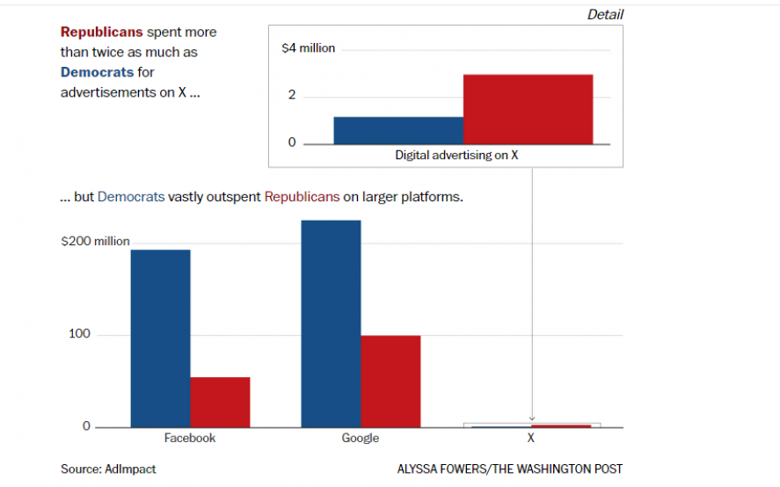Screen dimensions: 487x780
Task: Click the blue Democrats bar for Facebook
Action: [160, 338]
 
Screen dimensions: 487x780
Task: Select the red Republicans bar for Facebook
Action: [220, 402]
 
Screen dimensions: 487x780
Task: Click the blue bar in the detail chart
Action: [398, 130]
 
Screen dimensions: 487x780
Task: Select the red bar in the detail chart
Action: [528, 109]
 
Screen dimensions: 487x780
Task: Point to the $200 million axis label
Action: [95, 242]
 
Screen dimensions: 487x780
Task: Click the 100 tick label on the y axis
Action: [80, 335]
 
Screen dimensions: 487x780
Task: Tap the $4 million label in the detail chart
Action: [308, 48]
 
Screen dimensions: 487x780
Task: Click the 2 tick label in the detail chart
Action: [292, 96]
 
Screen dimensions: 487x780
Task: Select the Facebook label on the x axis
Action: [190, 438]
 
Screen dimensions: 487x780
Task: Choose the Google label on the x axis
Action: [361, 438]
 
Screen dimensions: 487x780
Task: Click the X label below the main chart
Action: [531, 438]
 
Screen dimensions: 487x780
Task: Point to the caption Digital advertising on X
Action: [456, 156]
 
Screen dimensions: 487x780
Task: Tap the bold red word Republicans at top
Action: [101, 32]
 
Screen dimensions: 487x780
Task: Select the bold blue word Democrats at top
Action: [97, 72]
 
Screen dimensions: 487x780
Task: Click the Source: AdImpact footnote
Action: [108, 469]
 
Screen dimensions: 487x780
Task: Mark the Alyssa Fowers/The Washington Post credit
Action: [509, 469]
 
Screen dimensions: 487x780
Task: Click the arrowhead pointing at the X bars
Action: [531, 418]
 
